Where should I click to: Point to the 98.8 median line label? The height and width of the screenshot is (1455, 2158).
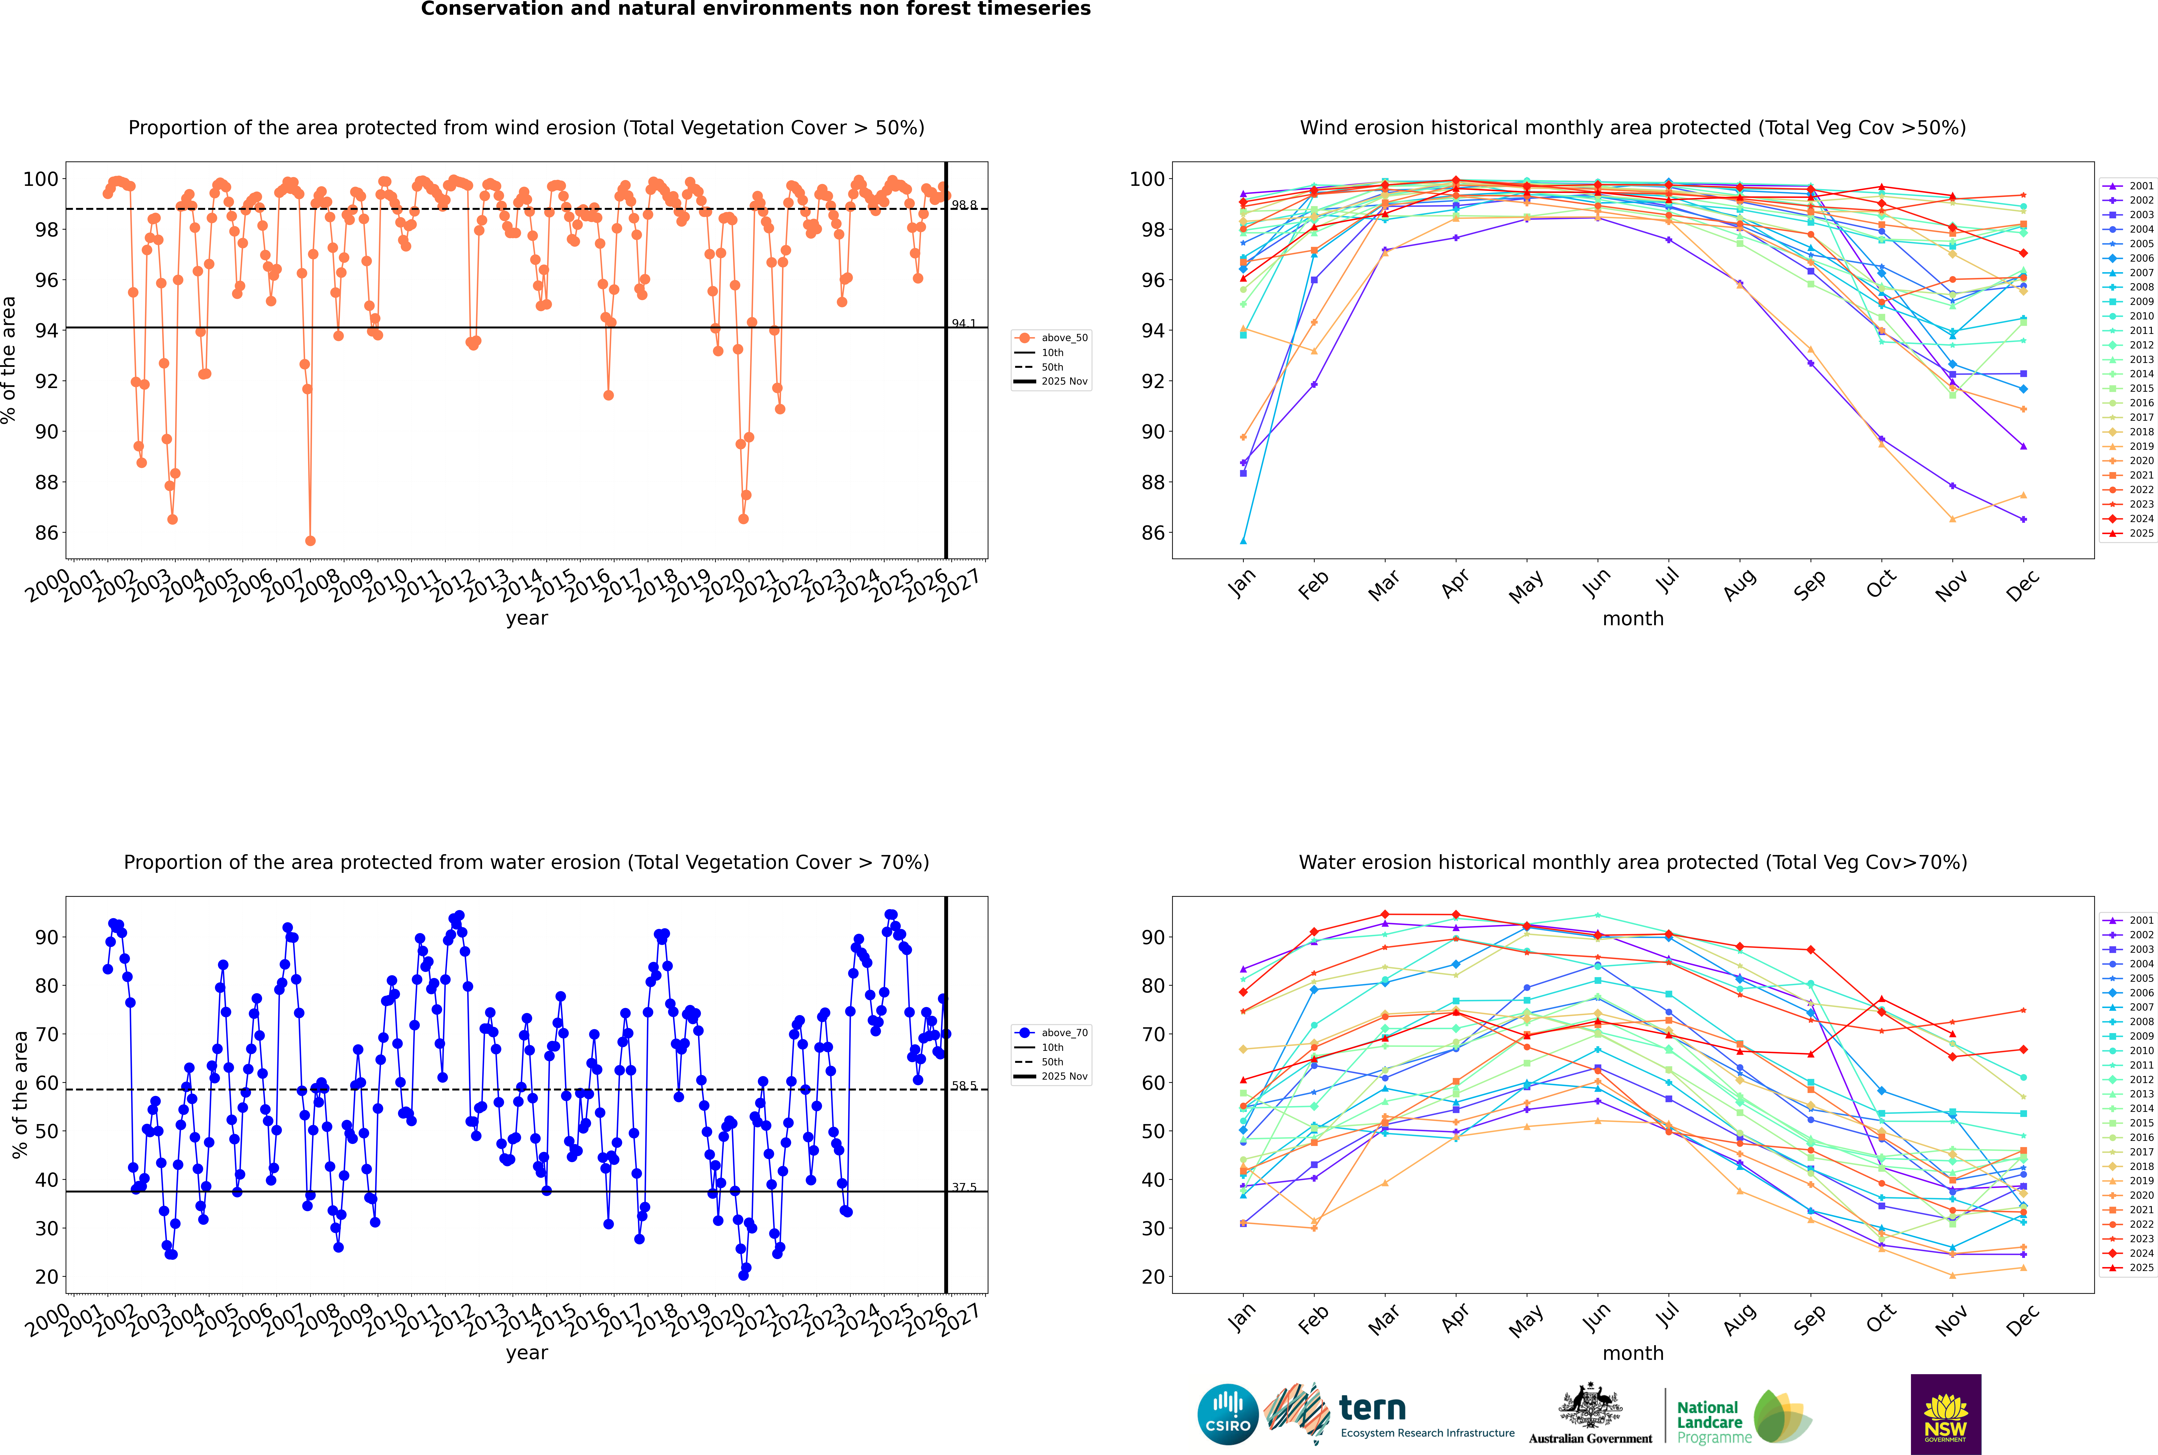click(x=964, y=205)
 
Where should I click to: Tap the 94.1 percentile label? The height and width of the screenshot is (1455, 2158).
click(x=964, y=324)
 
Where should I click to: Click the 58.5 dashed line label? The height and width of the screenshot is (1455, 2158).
click(x=964, y=1086)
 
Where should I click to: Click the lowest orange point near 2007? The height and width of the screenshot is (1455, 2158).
click(x=310, y=541)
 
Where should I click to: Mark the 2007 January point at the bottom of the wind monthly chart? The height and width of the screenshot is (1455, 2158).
click(x=1243, y=541)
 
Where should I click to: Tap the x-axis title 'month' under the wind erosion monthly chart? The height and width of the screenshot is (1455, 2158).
click(x=1633, y=619)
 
